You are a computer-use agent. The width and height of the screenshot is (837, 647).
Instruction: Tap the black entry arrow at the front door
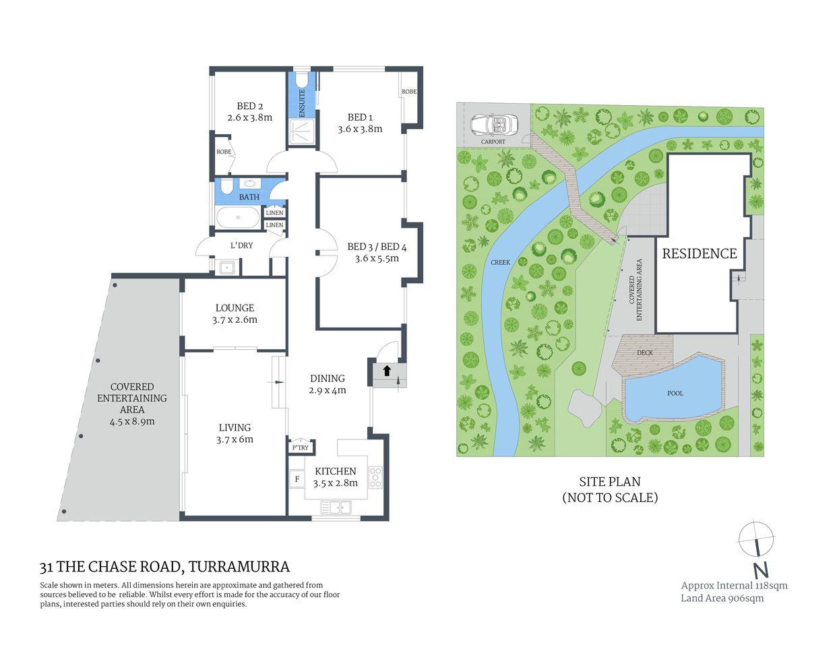[x=387, y=370]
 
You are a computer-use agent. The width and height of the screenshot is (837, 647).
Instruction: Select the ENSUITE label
[x=302, y=103]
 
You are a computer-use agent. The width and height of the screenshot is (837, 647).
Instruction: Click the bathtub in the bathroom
[x=237, y=218]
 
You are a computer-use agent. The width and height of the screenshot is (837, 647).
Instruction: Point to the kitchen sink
[x=336, y=507]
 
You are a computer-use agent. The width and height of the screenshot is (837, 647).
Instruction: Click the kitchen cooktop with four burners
[x=375, y=477]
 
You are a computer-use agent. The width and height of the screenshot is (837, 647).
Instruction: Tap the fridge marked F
[x=297, y=479]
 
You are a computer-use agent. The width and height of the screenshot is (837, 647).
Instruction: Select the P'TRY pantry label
[x=301, y=448]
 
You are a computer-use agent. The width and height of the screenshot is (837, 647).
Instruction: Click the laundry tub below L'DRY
[x=227, y=268]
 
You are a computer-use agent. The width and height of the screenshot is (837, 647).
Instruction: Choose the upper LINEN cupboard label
[x=274, y=213]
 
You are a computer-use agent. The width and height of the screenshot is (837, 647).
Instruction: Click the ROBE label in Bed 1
[x=409, y=92]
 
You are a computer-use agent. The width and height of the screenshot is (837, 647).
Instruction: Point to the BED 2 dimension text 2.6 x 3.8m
[x=250, y=117]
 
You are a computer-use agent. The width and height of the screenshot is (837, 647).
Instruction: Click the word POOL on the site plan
[x=675, y=393]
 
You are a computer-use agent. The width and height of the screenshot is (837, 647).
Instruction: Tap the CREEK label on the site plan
[x=500, y=262]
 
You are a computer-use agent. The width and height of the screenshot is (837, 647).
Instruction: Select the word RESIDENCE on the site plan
[x=700, y=253]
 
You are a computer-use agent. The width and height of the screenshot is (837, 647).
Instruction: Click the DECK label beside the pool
[x=645, y=352]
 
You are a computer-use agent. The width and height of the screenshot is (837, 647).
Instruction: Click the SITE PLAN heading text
[x=610, y=482]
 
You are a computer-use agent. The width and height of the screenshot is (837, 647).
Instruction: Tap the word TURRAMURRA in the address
[x=239, y=567]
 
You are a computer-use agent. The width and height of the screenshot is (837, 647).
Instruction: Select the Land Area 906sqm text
[x=722, y=598]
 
